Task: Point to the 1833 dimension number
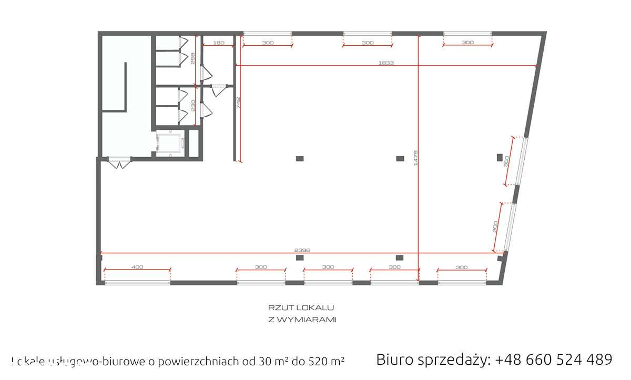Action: (x=386, y=63)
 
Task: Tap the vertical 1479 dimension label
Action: (x=415, y=158)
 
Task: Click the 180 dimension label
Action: (x=218, y=43)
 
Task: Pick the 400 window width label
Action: (x=137, y=267)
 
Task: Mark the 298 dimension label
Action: (x=193, y=58)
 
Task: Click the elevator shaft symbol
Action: (x=169, y=142)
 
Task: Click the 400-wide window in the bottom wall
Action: (x=137, y=283)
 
